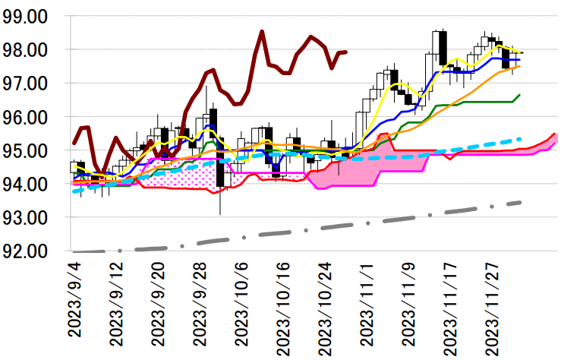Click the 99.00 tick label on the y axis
tap(29, 16)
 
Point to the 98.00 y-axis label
tap(29, 49)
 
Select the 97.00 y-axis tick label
tap(29, 83)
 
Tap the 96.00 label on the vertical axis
tap(29, 117)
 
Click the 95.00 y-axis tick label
tap(29, 150)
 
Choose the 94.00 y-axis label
tap(29, 184)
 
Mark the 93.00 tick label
tap(29, 217)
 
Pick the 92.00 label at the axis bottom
tap(29, 251)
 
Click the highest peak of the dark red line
tap(262, 32)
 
